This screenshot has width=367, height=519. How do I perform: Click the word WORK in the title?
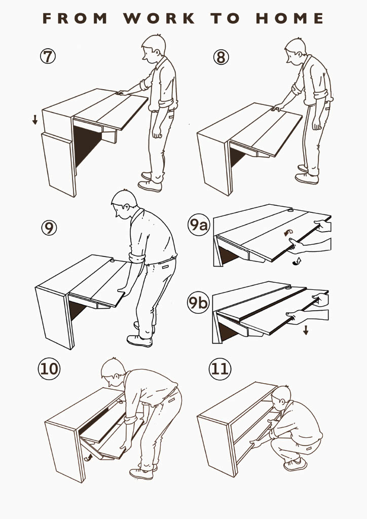tap(159, 18)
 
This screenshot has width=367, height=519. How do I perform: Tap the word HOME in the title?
tap(289, 18)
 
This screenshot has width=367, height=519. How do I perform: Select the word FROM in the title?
tap(75, 18)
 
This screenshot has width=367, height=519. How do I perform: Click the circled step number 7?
tap(48, 56)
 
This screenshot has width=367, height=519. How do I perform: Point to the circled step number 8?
tap(221, 57)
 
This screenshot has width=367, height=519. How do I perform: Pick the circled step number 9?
tap(49, 228)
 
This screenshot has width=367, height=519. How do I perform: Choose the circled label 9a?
tap(199, 225)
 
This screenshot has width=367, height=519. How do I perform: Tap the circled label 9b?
tap(198, 302)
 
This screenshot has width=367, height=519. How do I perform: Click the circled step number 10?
tap(49, 368)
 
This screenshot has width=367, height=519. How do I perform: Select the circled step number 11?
tap(220, 368)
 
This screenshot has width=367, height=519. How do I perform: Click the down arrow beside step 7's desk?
tap(35, 120)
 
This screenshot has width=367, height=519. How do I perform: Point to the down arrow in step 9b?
tap(306, 330)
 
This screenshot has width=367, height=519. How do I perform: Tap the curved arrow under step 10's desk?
tap(88, 458)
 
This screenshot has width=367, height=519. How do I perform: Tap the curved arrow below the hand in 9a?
tap(297, 262)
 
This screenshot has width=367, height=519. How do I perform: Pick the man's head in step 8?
tap(296, 51)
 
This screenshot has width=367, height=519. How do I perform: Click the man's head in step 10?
tap(113, 373)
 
